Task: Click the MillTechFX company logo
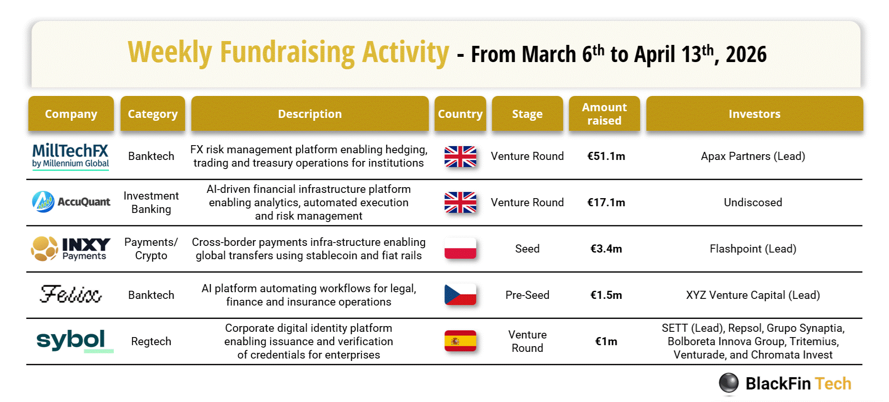pos(70,156)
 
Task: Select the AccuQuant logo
pos(71,202)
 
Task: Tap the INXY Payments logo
pos(71,249)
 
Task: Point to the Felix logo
pos(71,294)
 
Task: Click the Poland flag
pos(460,248)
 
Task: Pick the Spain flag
pos(460,341)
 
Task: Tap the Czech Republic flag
pos(460,295)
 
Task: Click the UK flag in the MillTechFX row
pos(460,156)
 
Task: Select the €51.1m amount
pos(606,156)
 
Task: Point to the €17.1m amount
pos(606,202)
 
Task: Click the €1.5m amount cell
pos(606,295)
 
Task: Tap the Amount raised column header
pos(604,114)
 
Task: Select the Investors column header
pos(755,114)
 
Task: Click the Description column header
pos(310,114)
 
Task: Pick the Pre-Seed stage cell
pos(527,295)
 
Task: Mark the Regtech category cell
pos(151,341)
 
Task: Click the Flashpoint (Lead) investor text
pos(753,249)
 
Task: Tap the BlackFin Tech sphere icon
pos(729,383)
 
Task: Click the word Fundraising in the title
pos(287,53)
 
